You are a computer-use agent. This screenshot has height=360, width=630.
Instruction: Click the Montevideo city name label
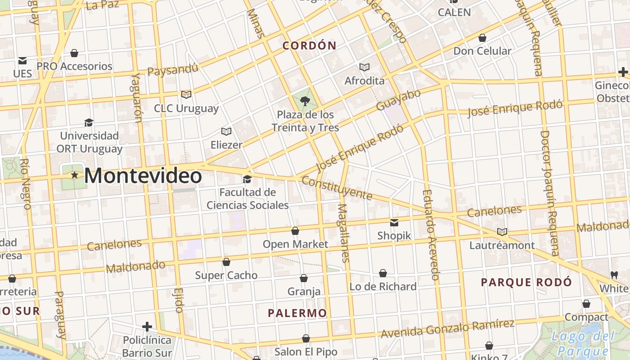coord(143,175)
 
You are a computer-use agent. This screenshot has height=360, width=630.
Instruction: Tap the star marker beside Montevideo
coord(75,175)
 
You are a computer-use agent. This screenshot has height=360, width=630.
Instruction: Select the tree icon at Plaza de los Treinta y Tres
coord(305,101)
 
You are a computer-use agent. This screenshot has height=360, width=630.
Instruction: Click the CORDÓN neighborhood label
coord(309,45)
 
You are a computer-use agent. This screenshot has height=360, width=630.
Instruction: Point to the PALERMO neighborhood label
coord(297,313)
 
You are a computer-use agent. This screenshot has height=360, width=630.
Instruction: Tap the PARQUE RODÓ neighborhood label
coord(526,283)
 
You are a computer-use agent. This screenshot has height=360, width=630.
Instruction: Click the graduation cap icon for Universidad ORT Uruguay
coord(89,122)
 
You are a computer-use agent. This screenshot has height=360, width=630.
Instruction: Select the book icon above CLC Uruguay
coord(186,94)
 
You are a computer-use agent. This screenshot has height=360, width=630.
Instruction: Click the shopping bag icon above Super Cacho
coord(226,262)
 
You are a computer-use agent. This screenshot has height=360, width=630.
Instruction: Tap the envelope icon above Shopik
coord(394,222)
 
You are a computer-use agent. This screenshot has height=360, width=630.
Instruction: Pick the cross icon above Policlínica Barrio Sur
coord(147,326)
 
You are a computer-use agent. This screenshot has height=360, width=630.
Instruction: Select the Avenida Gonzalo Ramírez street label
coord(447,329)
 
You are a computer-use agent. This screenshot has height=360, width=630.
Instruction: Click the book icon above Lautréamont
coord(502,232)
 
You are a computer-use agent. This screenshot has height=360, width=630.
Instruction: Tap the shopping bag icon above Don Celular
coord(482,38)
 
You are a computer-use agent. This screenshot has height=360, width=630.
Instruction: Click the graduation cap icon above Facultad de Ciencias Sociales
coord(247,180)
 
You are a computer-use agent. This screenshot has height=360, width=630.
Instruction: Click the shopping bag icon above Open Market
coord(295,231)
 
